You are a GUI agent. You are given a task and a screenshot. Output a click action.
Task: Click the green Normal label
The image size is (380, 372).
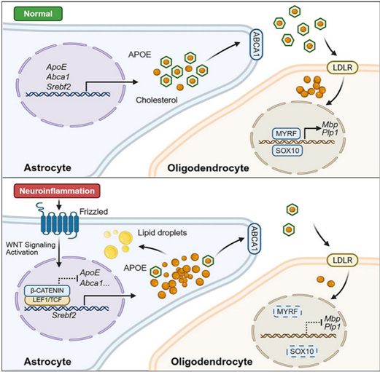click(38, 14)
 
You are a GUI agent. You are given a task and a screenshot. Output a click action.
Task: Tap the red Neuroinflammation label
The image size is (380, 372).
click(57, 191)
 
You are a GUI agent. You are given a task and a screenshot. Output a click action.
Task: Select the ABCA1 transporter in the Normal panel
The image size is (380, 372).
click(256, 44)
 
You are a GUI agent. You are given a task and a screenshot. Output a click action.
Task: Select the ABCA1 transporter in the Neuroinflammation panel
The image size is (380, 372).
click(255, 239)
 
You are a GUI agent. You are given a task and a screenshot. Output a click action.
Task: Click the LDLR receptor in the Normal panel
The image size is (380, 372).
click(343, 68)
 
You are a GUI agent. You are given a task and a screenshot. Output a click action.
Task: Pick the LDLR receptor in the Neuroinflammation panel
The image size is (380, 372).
click(343, 260)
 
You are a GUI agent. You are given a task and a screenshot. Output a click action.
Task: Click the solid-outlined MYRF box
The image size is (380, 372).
click(286, 133)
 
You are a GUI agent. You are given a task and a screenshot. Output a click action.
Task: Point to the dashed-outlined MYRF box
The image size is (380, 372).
click(287, 312)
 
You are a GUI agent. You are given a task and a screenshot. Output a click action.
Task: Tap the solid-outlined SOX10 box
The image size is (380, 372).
click(287, 151)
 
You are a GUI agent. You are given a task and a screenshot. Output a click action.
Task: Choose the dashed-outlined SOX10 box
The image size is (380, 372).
click(302, 351)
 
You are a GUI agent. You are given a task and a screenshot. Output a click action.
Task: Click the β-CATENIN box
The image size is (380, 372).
click(47, 290)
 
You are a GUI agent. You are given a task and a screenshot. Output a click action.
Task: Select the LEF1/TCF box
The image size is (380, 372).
click(47, 300)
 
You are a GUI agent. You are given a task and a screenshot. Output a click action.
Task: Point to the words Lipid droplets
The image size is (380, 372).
click(162, 233)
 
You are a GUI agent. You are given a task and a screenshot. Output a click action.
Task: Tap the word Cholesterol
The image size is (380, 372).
click(157, 100)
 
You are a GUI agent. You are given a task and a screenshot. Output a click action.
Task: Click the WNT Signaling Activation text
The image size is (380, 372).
click(31, 248)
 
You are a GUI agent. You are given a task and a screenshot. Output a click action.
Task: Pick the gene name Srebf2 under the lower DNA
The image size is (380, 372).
click(64, 315)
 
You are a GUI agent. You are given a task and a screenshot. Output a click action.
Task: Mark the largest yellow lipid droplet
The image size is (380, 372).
click(125, 238)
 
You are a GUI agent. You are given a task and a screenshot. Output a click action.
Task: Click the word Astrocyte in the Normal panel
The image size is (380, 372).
click(47, 167)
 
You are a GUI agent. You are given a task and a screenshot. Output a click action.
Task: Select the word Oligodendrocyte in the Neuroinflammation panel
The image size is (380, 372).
click(212, 362)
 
